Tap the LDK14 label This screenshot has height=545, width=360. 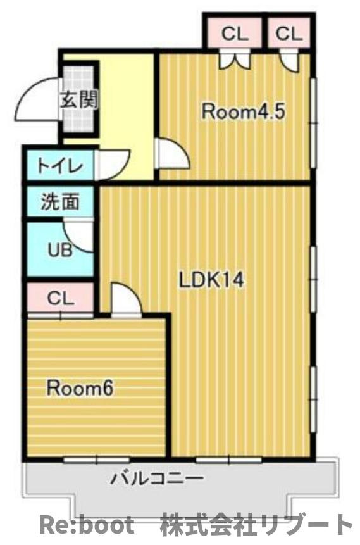coord(211,280)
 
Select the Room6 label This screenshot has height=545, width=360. coord(80,388)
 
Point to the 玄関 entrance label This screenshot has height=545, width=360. coord(78,99)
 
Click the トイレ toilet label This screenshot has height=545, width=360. coord(59,166)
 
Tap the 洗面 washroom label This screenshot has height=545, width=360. coord(60,202)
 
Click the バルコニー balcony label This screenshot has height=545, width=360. coord(158,479)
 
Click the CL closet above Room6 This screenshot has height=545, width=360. coord(61,298)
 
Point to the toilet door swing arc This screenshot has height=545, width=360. coord(114,163)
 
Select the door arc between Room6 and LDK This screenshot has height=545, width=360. coord(125,299)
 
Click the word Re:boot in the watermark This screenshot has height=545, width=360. coord(87,525)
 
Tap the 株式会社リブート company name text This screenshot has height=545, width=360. coord(256,525)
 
